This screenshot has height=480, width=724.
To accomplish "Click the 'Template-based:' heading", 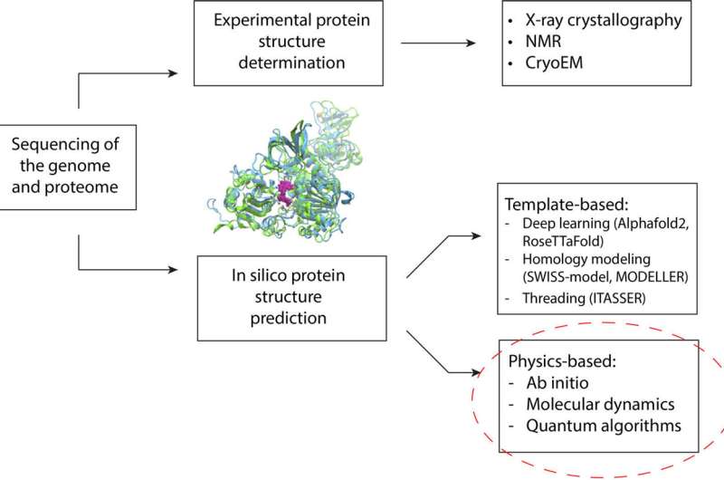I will coord(567,197).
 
